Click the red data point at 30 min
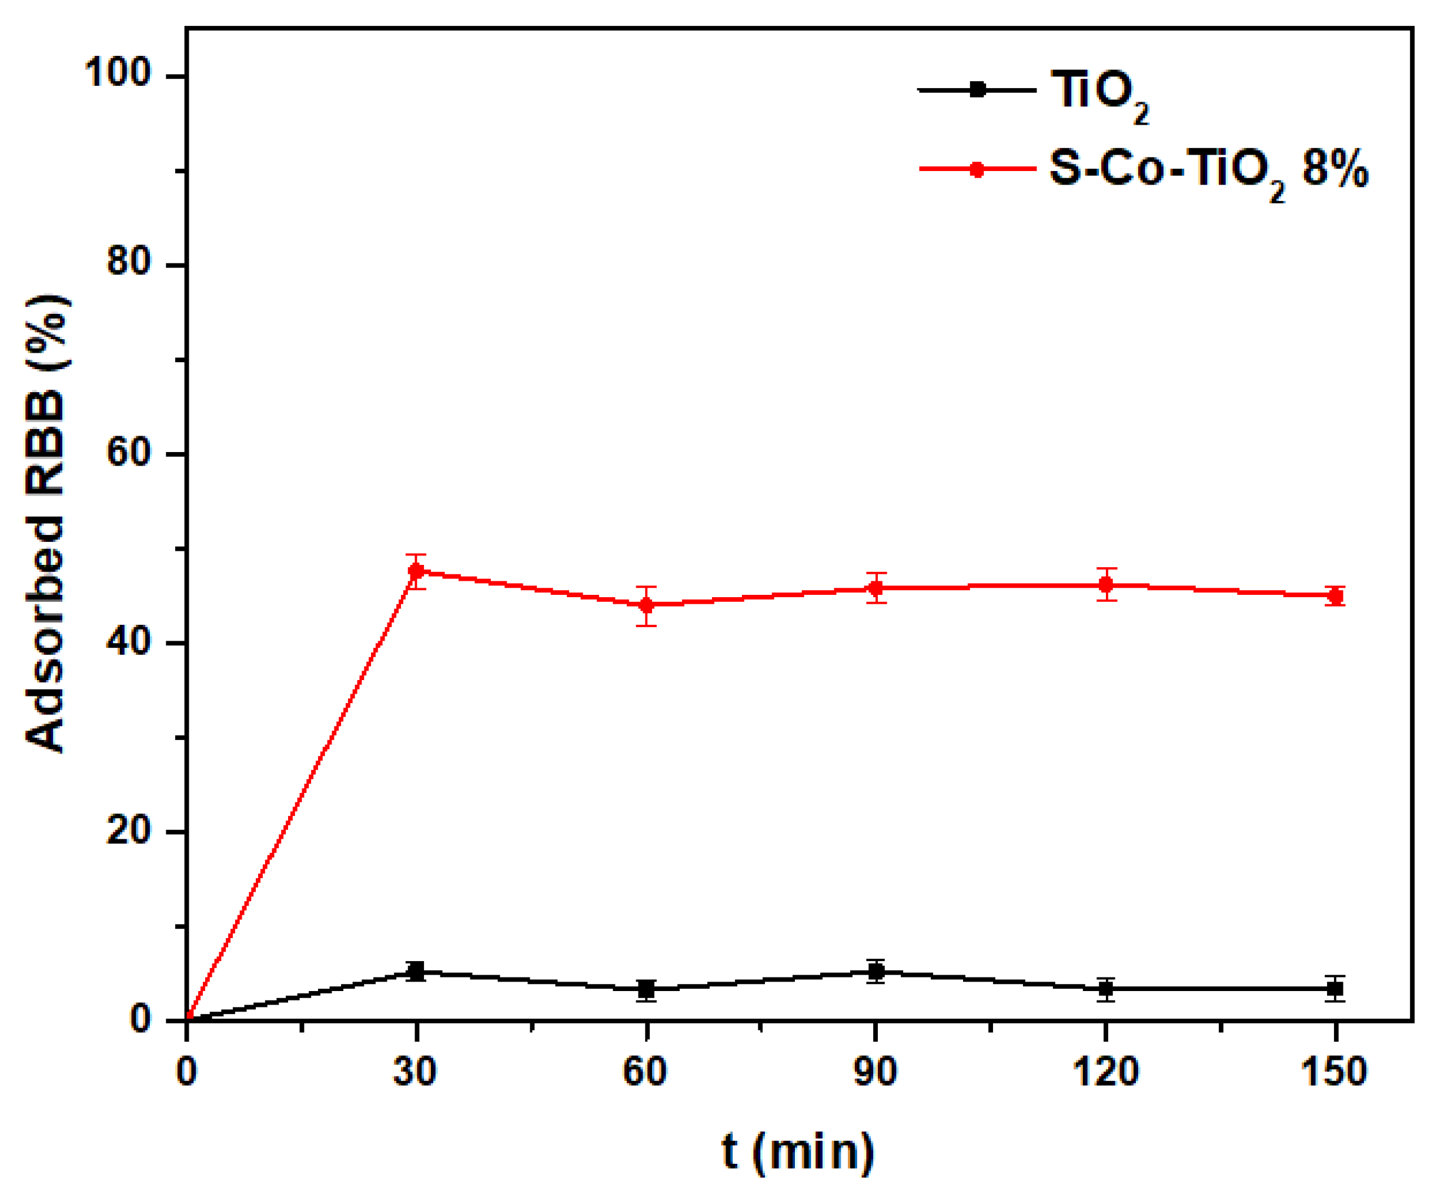point(416,571)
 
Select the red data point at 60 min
point(646,605)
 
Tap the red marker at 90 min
point(875,588)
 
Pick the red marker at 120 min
point(1105,584)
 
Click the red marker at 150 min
point(1335,596)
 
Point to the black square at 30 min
point(416,971)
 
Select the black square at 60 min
point(646,989)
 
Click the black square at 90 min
point(875,972)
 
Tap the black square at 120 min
point(1105,989)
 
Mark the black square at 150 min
point(1335,989)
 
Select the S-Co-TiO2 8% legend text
point(1209,170)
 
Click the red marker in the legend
point(977,169)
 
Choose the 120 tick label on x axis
point(1105,1071)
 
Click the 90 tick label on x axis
point(875,1071)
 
